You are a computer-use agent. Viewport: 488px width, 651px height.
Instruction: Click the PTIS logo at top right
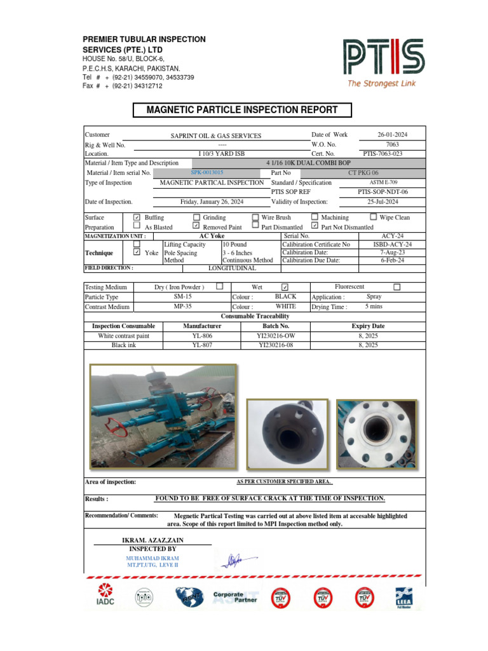point(383,62)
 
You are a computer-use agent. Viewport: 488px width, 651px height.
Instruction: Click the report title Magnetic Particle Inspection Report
point(242,110)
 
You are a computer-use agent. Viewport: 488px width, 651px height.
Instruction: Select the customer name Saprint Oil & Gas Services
point(215,136)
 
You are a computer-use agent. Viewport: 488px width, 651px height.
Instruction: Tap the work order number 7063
point(392,144)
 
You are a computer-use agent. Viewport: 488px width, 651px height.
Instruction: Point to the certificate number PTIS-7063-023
point(383,153)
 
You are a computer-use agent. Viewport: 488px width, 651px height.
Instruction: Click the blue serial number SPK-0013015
point(207,172)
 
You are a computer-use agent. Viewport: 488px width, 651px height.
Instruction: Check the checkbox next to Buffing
point(137,217)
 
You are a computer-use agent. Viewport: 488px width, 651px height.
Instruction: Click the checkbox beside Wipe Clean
point(374,217)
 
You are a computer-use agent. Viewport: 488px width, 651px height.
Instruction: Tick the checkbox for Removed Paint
point(196,226)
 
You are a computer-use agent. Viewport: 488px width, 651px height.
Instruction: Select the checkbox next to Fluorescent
point(397,287)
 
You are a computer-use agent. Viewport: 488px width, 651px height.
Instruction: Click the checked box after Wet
point(285,287)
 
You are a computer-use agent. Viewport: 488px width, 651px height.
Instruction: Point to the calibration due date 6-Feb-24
point(392,260)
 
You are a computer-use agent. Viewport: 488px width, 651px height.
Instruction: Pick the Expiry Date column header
point(368,326)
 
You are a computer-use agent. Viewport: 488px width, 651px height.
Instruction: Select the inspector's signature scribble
point(234,560)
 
